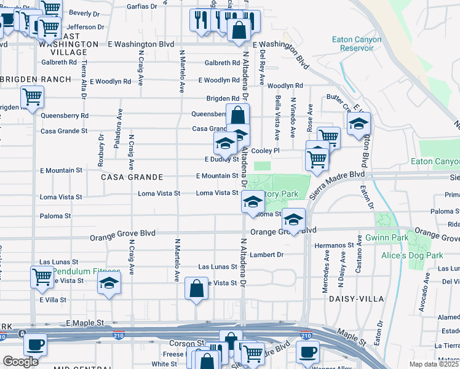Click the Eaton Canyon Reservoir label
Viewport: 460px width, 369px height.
(x=357, y=44)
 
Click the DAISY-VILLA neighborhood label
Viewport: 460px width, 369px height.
(x=357, y=299)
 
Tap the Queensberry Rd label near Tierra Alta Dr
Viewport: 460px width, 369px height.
(x=65, y=115)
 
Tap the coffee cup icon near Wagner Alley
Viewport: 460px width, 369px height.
(x=307, y=351)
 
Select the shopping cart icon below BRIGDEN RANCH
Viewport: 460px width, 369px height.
(x=32, y=96)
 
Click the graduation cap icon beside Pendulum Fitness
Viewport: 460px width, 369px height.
(x=109, y=283)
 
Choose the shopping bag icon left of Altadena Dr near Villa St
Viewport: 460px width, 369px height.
(x=196, y=288)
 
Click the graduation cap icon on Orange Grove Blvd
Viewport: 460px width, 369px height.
(x=294, y=220)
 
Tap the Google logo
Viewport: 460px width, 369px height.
(x=20, y=362)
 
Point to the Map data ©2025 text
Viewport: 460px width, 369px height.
(x=434, y=364)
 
